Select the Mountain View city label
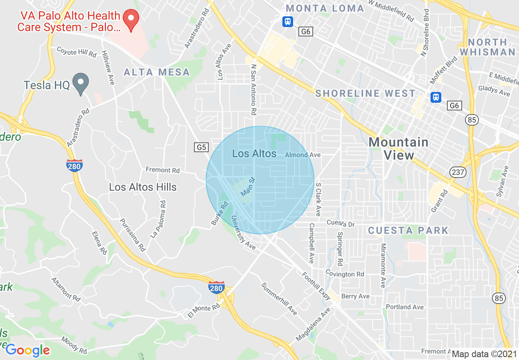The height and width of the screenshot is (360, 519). [x=399, y=148]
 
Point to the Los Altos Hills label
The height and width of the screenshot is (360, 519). [x=143, y=187]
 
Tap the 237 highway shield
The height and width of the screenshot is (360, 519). [x=458, y=172]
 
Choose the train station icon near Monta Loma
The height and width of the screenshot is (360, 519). [x=288, y=21]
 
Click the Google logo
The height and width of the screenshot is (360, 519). [x=27, y=350]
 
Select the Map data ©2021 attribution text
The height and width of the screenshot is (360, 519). [x=484, y=354]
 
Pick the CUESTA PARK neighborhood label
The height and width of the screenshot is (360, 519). [x=408, y=230]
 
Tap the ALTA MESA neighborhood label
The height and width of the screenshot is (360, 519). [x=157, y=72]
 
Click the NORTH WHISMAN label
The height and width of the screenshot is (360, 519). [x=487, y=47]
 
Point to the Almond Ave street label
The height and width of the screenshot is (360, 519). [x=303, y=155]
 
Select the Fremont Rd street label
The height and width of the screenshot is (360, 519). [x=162, y=170]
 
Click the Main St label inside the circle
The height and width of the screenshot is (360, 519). [x=248, y=186]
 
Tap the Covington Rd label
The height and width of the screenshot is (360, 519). [x=345, y=274]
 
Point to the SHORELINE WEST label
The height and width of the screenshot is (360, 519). [x=366, y=94]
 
